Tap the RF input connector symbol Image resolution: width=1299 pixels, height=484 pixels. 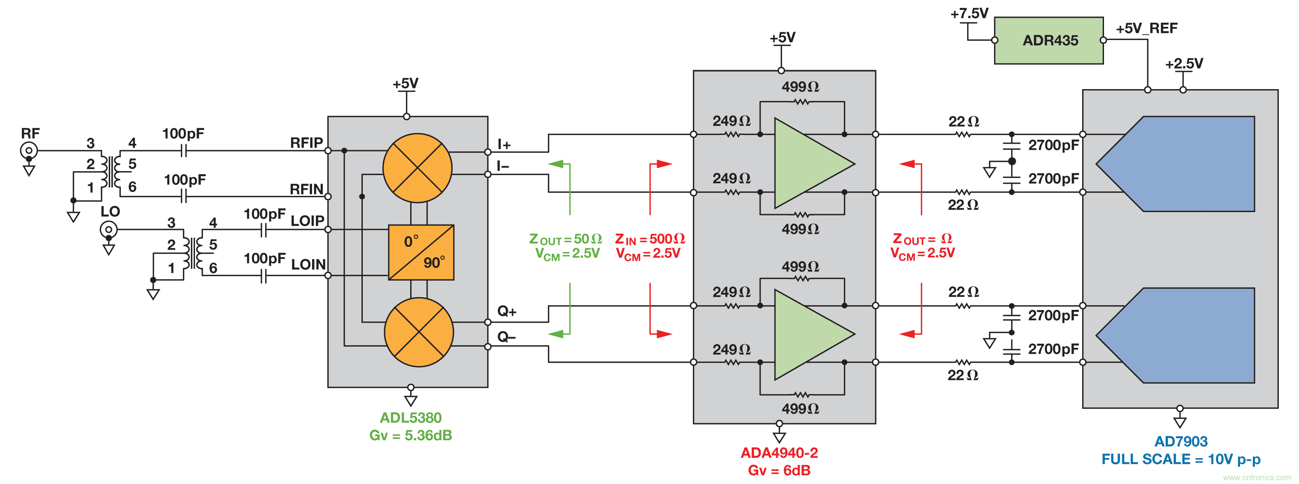[29, 150]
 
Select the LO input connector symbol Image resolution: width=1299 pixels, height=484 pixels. [108, 230]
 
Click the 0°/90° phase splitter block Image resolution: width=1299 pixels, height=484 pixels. [421, 253]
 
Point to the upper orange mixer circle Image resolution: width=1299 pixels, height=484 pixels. [418, 168]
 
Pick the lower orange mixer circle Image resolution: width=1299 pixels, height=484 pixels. [419, 332]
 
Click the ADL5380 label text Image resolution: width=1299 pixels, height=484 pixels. [411, 418]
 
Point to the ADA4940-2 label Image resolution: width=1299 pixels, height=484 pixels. [779, 453]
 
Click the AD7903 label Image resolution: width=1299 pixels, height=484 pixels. [1181, 442]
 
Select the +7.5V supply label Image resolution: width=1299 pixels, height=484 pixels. [969, 14]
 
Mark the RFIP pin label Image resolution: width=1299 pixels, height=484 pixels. [306, 143]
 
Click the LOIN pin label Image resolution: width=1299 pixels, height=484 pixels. [308, 264]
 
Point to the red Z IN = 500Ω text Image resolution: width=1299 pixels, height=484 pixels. [650, 239]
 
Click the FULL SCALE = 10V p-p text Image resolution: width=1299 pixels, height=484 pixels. [1181, 459]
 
